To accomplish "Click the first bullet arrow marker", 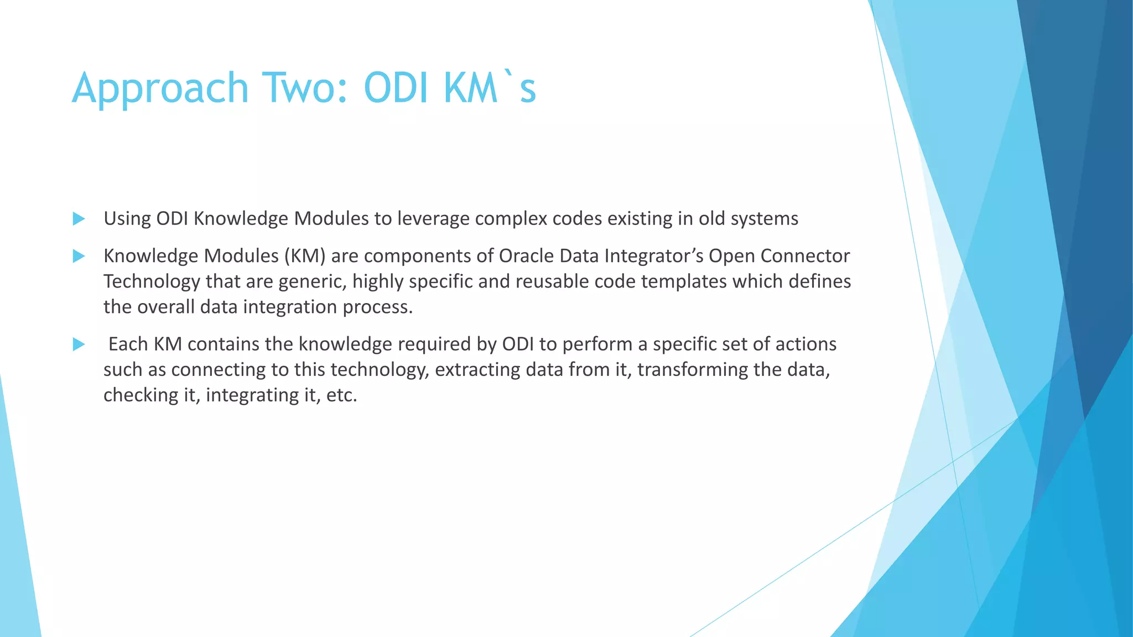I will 79,219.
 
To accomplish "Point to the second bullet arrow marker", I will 79,256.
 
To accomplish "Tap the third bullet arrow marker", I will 79,344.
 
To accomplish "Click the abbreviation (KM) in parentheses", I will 305,256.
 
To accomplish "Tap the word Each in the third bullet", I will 128,344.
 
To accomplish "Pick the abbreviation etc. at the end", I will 342,395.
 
